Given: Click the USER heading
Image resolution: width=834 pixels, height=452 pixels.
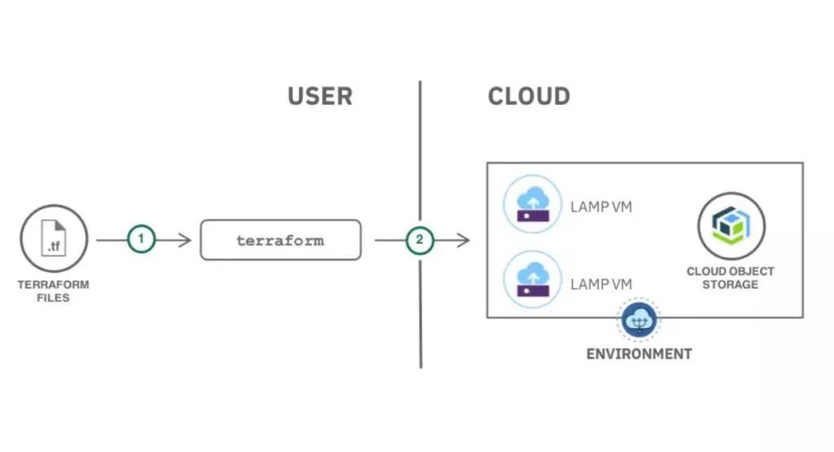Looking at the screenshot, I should pyautogui.click(x=319, y=96).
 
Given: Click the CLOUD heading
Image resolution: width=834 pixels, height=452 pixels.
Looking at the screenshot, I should pyautogui.click(x=529, y=96).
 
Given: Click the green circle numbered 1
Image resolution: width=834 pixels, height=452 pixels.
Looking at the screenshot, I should pyautogui.click(x=141, y=240).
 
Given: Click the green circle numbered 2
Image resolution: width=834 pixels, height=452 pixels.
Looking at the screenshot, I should pyautogui.click(x=419, y=240).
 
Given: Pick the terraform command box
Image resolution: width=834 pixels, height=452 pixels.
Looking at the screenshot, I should pyautogui.click(x=280, y=240).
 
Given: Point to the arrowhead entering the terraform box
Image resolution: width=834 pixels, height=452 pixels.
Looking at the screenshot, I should pyautogui.click(x=187, y=240).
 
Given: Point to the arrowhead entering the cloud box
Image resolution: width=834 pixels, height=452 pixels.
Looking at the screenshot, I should pyautogui.click(x=466, y=240).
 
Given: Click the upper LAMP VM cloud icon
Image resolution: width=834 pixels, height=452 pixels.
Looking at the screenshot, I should pyautogui.click(x=533, y=204).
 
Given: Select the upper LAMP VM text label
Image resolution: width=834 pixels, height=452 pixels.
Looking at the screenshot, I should pyautogui.click(x=601, y=208).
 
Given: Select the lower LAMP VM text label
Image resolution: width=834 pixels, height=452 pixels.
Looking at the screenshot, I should pyautogui.click(x=601, y=284).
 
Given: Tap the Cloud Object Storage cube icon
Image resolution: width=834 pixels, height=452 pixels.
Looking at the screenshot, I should pyautogui.click(x=731, y=226).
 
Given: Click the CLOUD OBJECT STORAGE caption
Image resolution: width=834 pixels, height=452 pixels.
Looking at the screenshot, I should pyautogui.click(x=731, y=278).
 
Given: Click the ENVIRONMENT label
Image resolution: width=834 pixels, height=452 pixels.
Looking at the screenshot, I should pyautogui.click(x=639, y=354).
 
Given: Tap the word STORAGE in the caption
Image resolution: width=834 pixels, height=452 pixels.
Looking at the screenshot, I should pyautogui.click(x=731, y=284).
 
